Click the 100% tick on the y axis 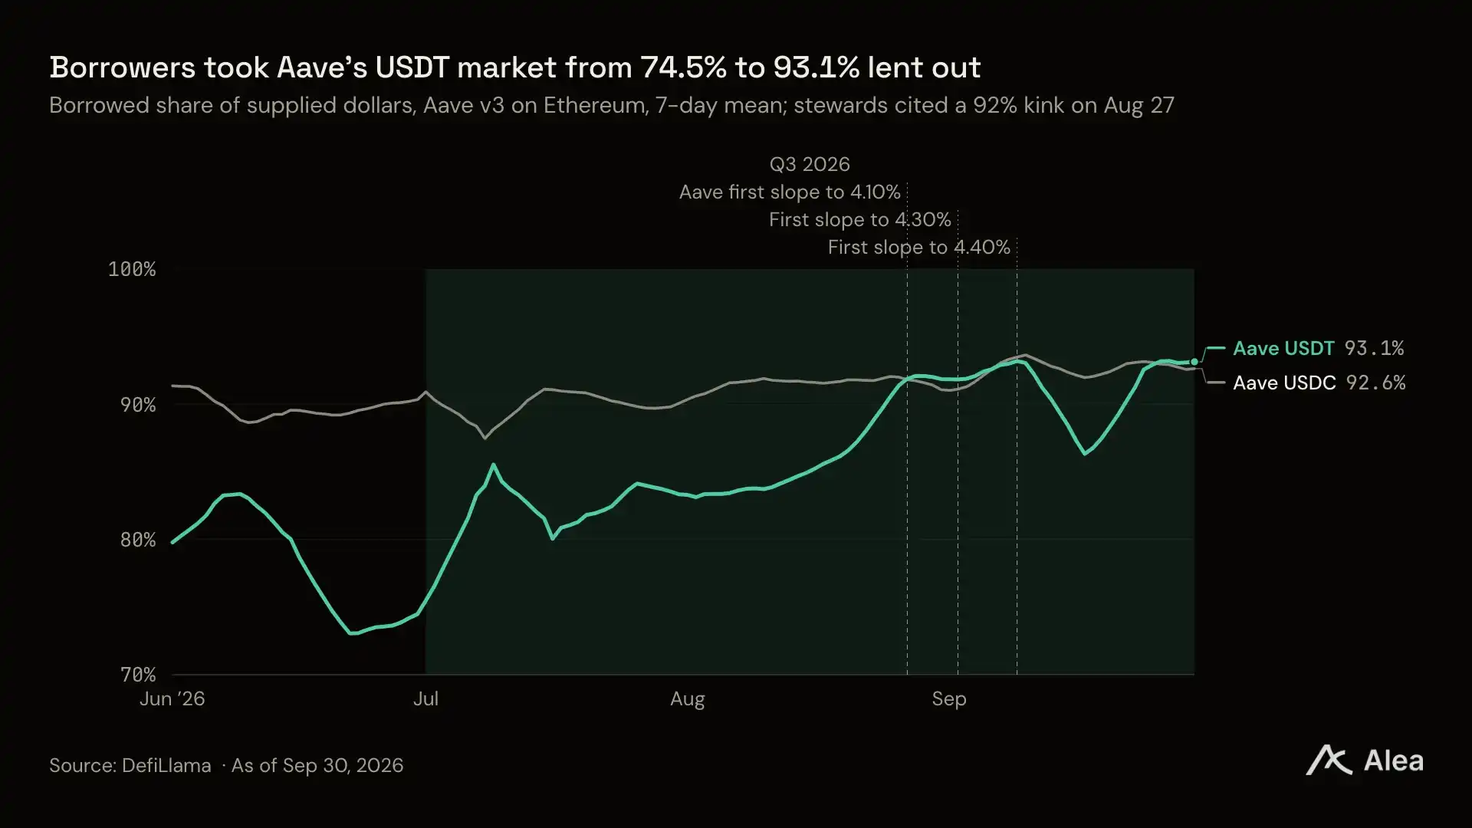[132, 269]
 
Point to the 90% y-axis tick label [138, 405]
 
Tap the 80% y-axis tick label [138, 540]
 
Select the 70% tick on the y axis [138, 675]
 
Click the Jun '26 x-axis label [172, 699]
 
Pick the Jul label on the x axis [426, 699]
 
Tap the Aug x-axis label [688, 699]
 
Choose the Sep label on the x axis [949, 699]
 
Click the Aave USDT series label [1283, 349]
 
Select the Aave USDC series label [1284, 383]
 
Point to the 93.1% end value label [1375, 349]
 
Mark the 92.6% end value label [1376, 383]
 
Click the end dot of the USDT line [1194, 362]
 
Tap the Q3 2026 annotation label [810, 165]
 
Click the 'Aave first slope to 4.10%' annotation [790, 192]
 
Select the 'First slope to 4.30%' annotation [860, 220]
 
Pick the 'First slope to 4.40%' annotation [919, 248]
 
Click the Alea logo [1365, 761]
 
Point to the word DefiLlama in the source [166, 766]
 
